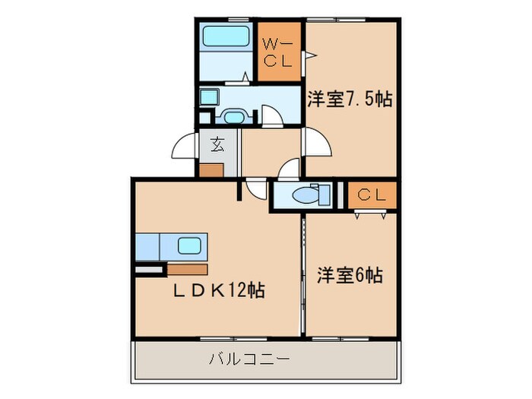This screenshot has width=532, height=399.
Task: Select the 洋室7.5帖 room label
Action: point(350,99)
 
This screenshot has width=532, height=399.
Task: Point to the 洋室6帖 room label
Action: point(350,275)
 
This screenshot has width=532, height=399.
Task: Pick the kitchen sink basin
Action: point(189,245)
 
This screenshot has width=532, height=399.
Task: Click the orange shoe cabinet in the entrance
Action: point(212,169)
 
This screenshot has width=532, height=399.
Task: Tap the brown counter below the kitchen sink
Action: point(187,268)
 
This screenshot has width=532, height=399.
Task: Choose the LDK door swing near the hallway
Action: point(258,190)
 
